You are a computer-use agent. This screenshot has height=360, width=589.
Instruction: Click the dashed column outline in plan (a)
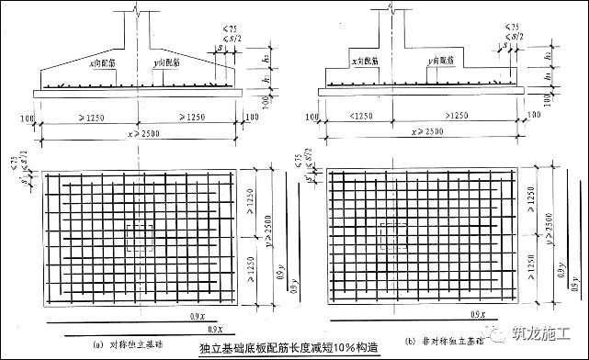pyautogui.click(x=139, y=237)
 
